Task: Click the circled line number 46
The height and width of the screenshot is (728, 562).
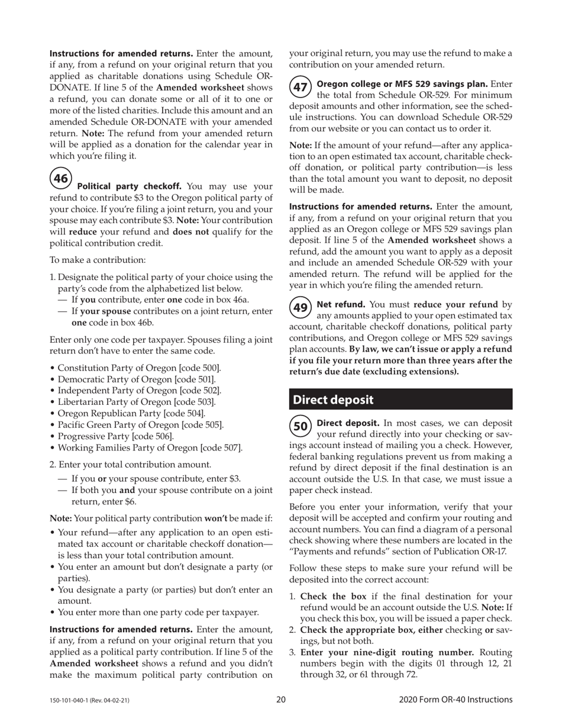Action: [61, 178]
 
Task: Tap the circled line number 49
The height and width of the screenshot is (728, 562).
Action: [301, 308]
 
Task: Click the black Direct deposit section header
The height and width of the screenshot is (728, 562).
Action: [400, 400]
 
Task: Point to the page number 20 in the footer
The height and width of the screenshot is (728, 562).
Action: [281, 700]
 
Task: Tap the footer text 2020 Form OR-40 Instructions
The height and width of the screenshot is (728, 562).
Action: [456, 700]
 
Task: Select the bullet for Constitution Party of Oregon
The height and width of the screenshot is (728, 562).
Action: [52, 368]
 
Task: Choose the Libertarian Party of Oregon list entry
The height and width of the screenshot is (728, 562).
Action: [136, 402]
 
